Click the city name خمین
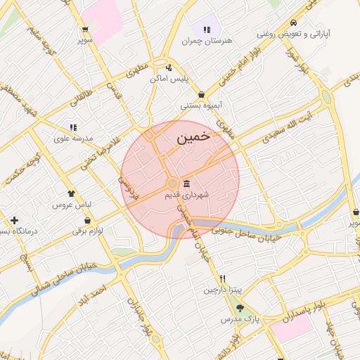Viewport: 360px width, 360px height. [x=193, y=137]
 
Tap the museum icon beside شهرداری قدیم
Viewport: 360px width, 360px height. [x=186, y=184]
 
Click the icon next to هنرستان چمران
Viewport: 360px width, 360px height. [x=207, y=30]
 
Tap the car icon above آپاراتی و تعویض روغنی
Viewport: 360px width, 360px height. [x=292, y=22]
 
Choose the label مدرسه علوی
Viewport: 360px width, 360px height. [x=74, y=139]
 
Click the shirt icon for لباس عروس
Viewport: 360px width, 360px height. [x=71, y=193]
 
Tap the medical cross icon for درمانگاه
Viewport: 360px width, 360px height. [x=14, y=221]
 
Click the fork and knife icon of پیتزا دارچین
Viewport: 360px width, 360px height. [x=223, y=278]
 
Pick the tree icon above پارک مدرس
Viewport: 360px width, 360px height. [x=240, y=308]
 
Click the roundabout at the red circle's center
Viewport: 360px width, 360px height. [x=172, y=184]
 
